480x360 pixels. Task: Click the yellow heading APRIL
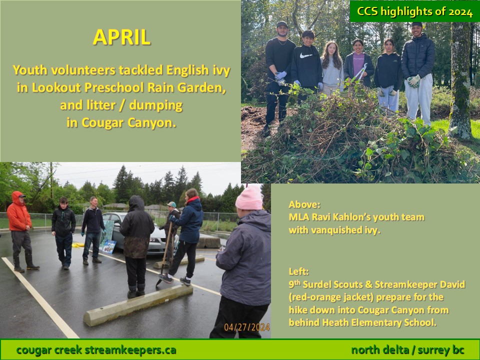coord(121,37)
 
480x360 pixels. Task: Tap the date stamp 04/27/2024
coord(246,327)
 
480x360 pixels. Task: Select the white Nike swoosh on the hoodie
coord(306,55)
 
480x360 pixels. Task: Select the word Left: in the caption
coord(299,271)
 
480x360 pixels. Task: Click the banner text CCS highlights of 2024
coord(414,11)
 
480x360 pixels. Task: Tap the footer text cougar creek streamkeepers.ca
coord(96,350)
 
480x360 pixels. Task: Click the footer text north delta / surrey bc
coord(408,350)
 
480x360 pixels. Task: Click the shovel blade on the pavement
coord(159,281)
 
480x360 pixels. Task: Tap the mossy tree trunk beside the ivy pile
coord(460,79)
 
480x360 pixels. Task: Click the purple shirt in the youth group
coord(358,63)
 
